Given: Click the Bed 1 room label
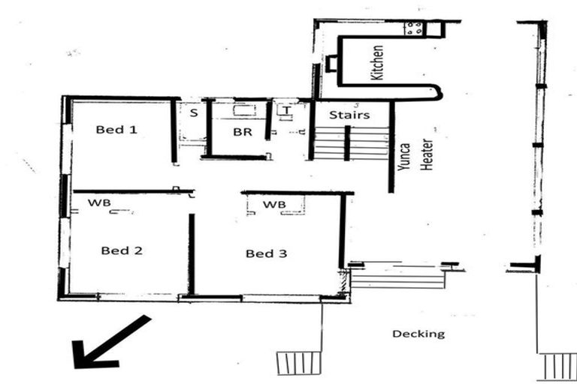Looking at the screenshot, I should tap(116, 129).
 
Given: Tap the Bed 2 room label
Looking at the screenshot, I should tap(122, 250).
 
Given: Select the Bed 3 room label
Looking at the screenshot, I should tap(266, 253).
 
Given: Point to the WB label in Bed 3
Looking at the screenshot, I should tap(274, 204).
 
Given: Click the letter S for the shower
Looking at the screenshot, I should tap(193, 113).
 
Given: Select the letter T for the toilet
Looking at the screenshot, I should tap(286, 110).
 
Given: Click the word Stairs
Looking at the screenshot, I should tap(349, 115).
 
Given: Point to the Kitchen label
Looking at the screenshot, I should tap(378, 63).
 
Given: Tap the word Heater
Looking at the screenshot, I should tap(427, 154).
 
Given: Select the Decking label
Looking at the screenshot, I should tap(418, 334).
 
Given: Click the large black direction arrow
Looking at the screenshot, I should tap(109, 343).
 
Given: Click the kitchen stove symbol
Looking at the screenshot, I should tap(414, 28).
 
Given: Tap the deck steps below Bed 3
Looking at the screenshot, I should tap(298, 363).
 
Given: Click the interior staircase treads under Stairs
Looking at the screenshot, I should tap(349, 143).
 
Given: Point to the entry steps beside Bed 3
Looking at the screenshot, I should tap(398, 278).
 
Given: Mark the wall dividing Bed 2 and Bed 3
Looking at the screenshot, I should tap(192, 255).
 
